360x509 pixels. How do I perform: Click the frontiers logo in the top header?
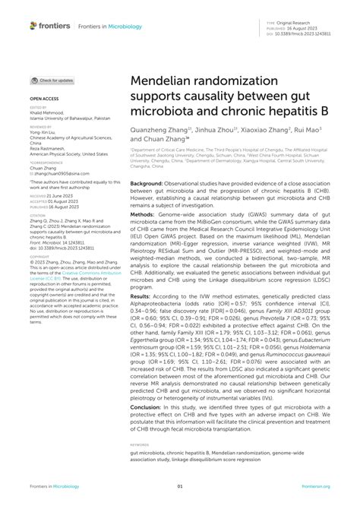[50, 26]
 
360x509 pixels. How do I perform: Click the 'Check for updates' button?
[52, 80]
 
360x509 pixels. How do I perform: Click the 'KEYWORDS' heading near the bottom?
[140, 444]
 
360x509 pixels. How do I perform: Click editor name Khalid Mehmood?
[49, 113]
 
